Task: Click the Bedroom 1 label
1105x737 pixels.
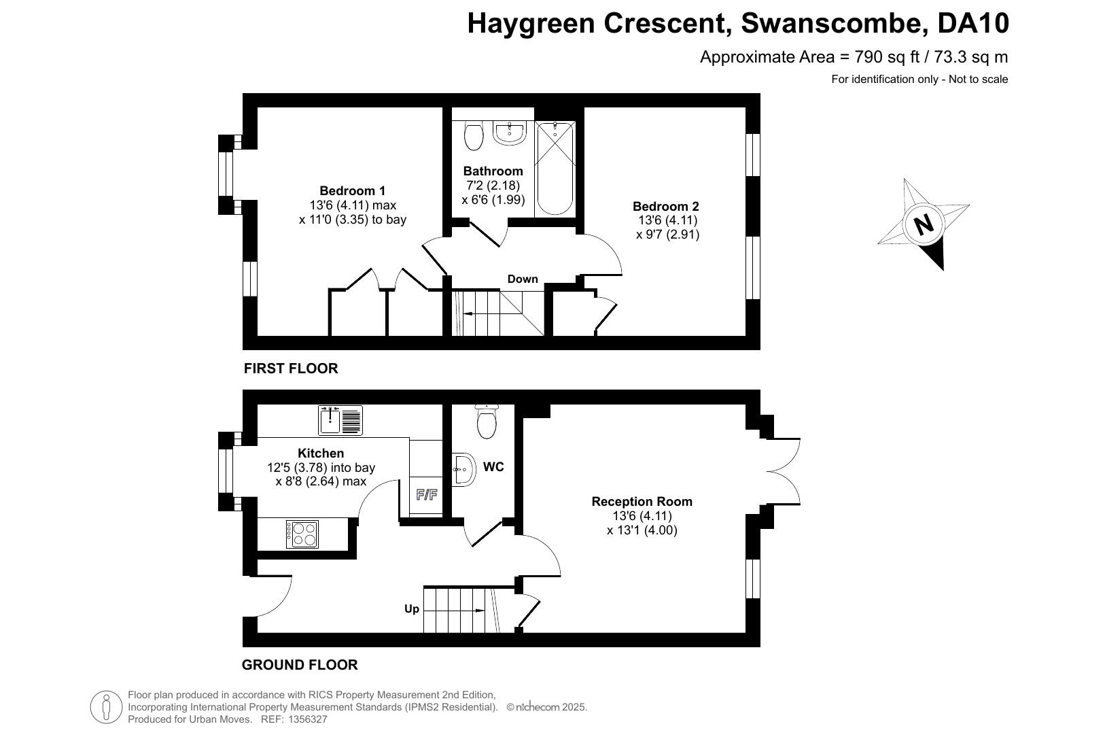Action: click(x=352, y=190)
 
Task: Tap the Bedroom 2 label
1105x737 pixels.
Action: click(x=666, y=206)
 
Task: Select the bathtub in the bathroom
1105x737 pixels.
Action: click(x=555, y=169)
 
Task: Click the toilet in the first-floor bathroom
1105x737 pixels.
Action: click(x=474, y=135)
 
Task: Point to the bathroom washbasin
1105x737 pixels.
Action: click(x=510, y=133)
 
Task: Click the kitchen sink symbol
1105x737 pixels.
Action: click(x=340, y=421)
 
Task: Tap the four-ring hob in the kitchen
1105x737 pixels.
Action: click(x=302, y=534)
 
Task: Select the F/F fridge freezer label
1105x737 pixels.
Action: click(x=427, y=495)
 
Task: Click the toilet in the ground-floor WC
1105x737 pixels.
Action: click(x=487, y=422)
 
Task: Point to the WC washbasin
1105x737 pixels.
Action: click(x=463, y=469)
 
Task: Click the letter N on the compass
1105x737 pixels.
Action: click(x=924, y=224)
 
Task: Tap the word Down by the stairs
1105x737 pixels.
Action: click(x=523, y=279)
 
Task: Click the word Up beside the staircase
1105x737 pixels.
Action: click(x=411, y=609)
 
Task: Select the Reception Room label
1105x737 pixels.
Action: click(x=642, y=502)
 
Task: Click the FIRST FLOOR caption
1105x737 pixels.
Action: click(x=291, y=368)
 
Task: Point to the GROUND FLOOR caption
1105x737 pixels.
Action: click(x=300, y=664)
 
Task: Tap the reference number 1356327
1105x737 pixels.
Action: click(x=307, y=719)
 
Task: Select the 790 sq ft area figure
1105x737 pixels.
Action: click(x=887, y=57)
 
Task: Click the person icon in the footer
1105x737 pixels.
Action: click(x=106, y=707)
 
